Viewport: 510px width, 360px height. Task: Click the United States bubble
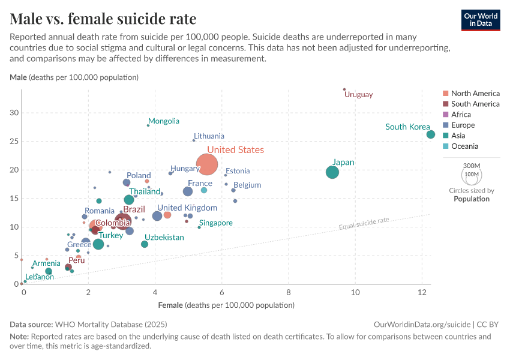(x=207, y=164)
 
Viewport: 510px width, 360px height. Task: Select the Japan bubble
(x=332, y=172)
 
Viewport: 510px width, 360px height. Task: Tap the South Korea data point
(x=430, y=134)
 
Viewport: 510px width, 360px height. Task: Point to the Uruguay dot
(x=344, y=89)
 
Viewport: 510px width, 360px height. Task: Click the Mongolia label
(x=164, y=121)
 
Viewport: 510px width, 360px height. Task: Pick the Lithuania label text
(x=209, y=136)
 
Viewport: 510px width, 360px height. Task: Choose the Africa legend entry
(x=461, y=115)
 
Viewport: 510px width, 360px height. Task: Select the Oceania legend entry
(x=464, y=146)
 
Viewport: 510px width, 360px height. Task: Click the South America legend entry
(x=475, y=104)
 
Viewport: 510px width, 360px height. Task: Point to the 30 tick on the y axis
(x=15, y=113)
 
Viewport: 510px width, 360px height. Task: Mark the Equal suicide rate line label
(x=364, y=224)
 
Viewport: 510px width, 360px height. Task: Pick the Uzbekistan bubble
(x=145, y=244)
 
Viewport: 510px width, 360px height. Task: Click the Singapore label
(x=216, y=223)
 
